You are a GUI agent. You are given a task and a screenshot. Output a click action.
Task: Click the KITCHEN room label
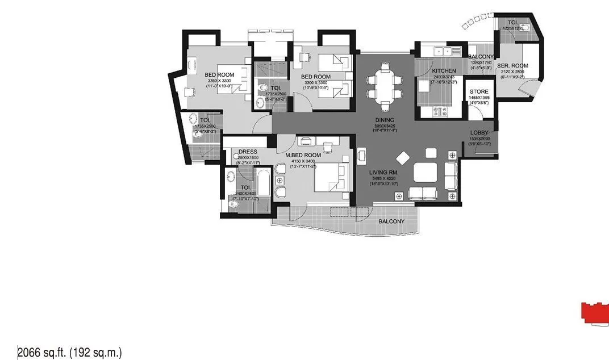444,71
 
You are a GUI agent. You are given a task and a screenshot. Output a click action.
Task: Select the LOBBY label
479,133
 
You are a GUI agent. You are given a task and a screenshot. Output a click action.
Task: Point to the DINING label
385,120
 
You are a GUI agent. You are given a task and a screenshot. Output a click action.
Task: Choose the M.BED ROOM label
303,155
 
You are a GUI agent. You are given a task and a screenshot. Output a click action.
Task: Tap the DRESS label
248,152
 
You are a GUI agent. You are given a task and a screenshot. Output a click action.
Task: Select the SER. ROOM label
512,66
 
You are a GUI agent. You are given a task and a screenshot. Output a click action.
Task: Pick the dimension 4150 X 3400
303,161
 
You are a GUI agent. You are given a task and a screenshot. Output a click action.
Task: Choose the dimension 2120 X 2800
512,72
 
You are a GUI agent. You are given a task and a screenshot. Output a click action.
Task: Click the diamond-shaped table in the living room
403,157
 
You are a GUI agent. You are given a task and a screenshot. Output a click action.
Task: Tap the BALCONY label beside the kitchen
481,57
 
